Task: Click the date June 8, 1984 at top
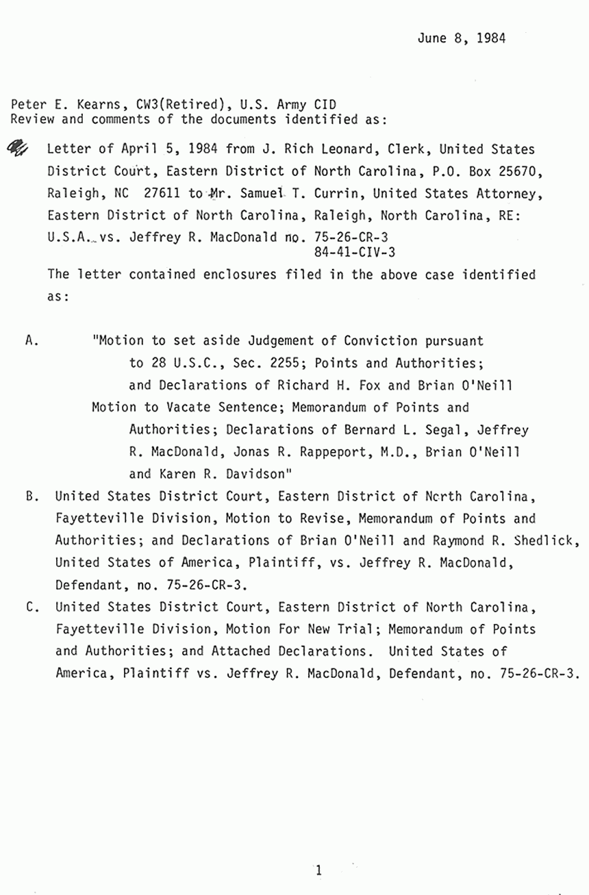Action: point(461,38)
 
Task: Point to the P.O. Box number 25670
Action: point(513,171)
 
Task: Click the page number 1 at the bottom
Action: point(318,871)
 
